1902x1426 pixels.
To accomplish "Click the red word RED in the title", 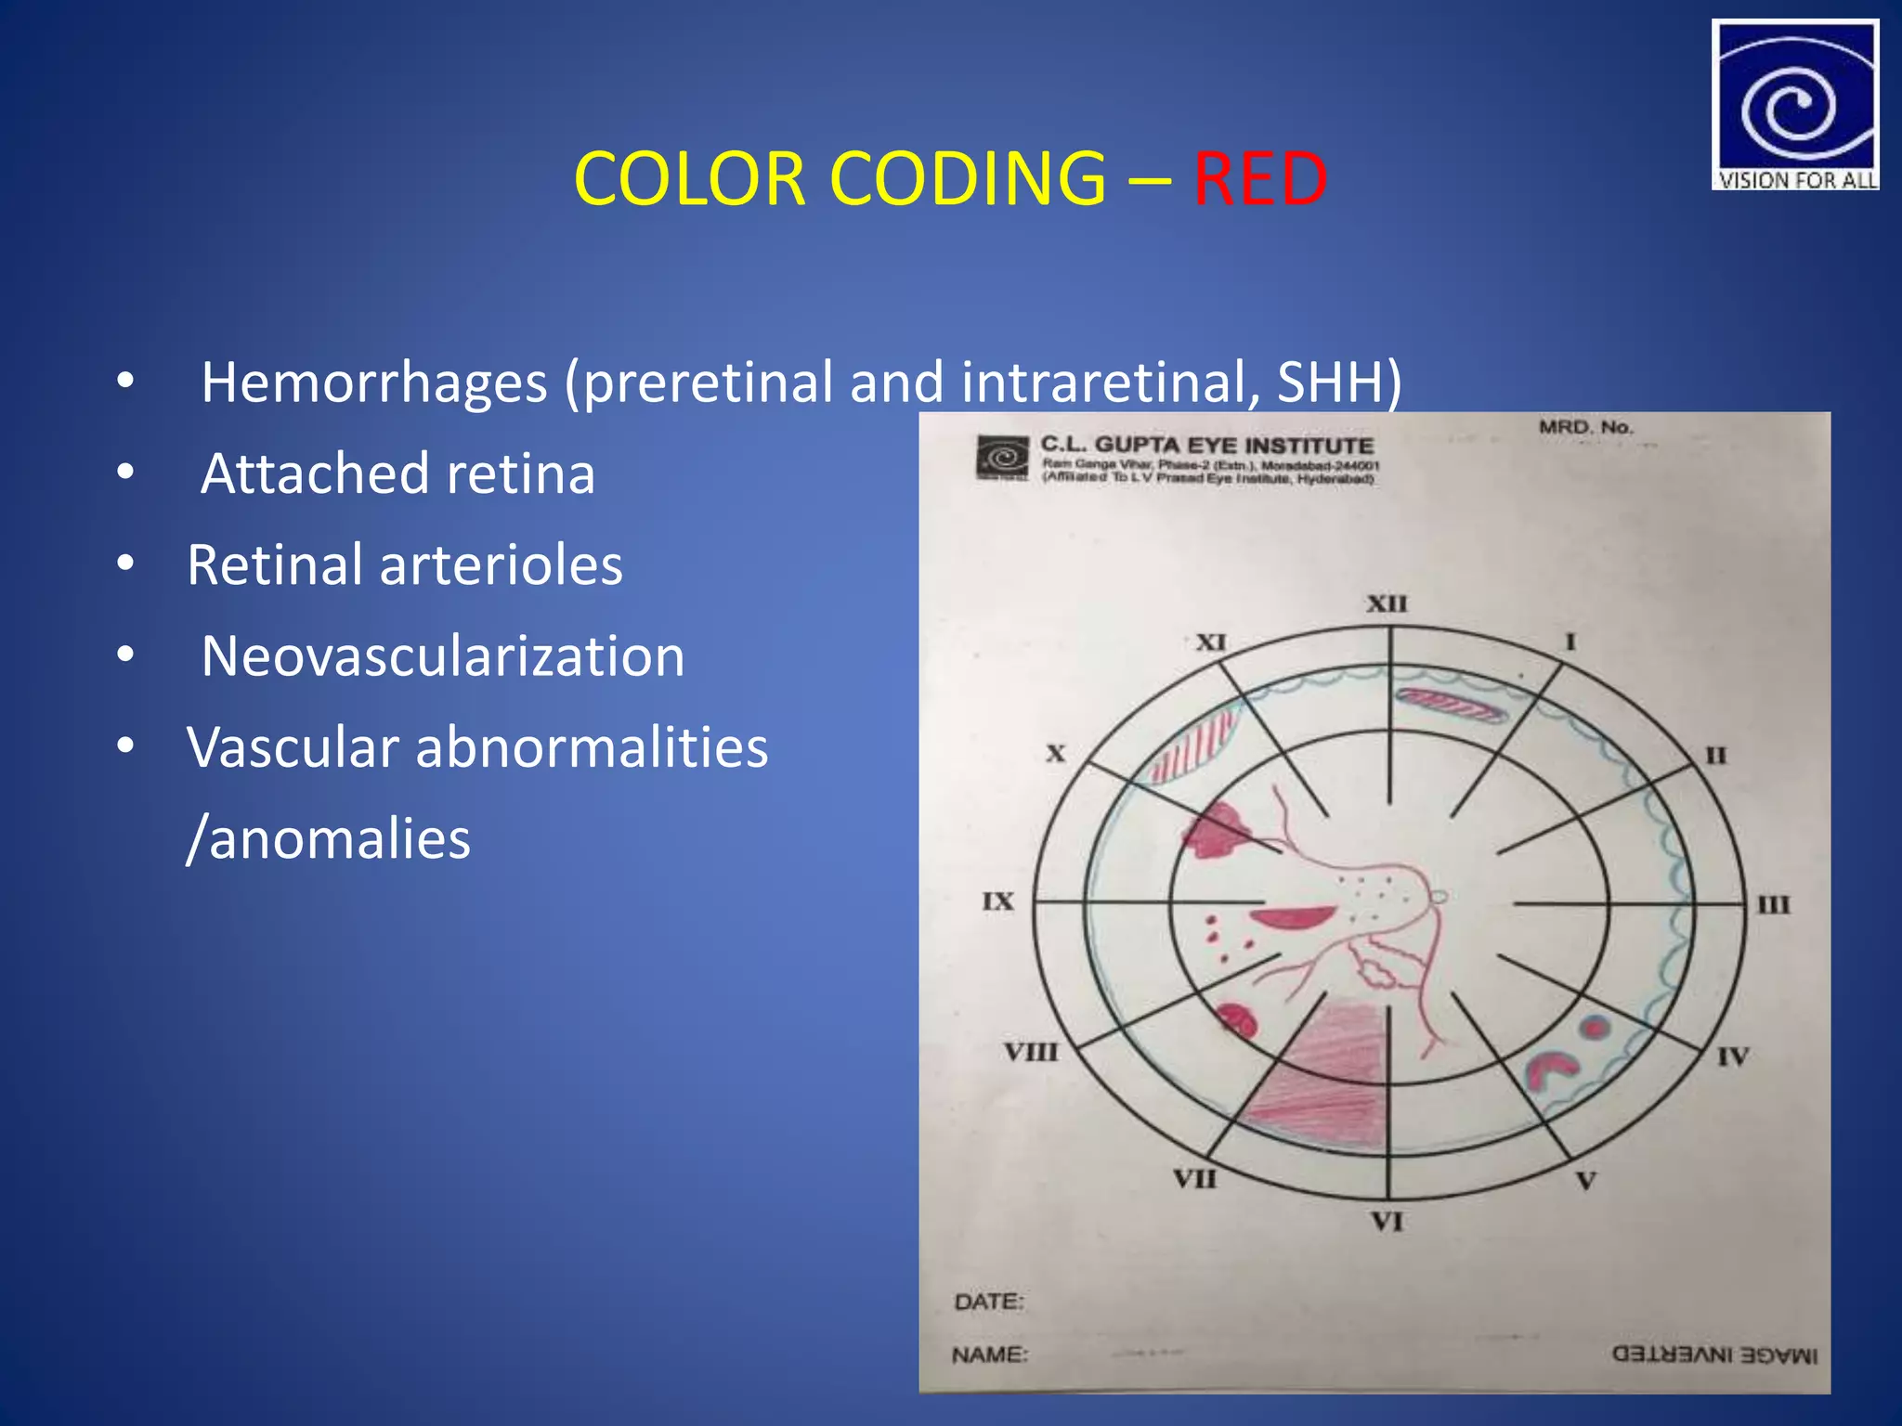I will [1259, 178].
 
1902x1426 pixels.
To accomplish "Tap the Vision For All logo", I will [1794, 105].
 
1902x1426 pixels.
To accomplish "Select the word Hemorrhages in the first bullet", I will [374, 382].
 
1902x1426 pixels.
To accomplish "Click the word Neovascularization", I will [443, 656].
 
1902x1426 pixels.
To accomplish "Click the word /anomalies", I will [328, 838].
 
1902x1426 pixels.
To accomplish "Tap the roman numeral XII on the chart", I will [1387, 603].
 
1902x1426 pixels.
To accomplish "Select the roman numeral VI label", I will [1387, 1222].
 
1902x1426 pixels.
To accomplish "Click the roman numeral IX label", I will [998, 901].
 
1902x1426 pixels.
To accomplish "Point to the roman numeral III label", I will [1772, 904].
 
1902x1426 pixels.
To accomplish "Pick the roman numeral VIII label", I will [1030, 1052].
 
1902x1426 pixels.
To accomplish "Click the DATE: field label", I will [989, 1302].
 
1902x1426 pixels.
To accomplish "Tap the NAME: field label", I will [990, 1355].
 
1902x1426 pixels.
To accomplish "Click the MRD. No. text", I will [1585, 427].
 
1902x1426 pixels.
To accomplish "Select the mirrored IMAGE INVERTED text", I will [1714, 1355].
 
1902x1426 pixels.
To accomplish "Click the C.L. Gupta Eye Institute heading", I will [1206, 445].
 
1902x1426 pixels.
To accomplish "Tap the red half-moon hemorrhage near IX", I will [1290, 918].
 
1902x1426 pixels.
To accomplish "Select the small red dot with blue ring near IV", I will [1595, 1027].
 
